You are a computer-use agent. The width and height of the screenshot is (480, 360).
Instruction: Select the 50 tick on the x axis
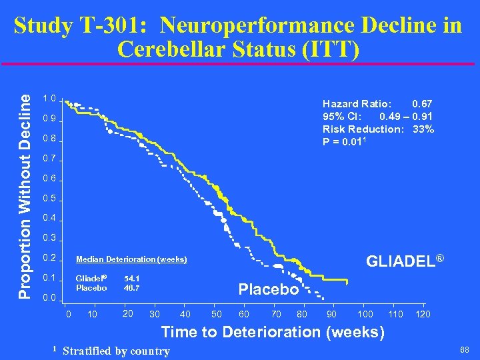[217, 314]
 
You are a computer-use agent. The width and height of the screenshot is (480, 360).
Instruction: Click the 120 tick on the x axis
[423, 314]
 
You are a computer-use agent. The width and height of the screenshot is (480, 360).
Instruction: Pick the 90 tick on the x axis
[331, 314]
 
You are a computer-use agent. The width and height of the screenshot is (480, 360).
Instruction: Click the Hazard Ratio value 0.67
[422, 104]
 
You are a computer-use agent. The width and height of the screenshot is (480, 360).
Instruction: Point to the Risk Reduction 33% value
[423, 129]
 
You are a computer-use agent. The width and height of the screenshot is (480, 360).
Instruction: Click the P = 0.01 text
[345, 141]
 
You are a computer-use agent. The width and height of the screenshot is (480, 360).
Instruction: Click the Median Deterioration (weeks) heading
[131, 259]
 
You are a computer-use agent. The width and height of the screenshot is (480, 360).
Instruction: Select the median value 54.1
[131, 278]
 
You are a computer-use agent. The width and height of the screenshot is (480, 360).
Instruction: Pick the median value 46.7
[131, 288]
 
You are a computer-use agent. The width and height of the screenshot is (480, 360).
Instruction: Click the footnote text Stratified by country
[116, 351]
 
